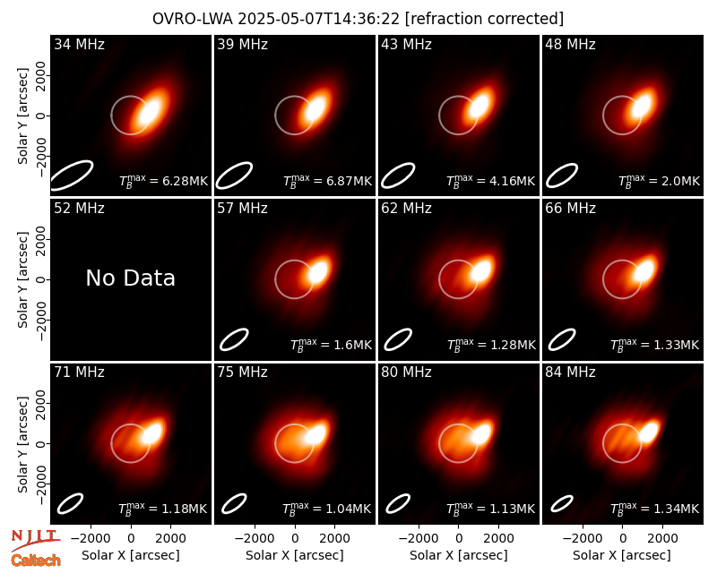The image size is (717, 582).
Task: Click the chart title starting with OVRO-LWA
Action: (x=358, y=19)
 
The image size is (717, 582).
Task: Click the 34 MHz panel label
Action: (x=79, y=44)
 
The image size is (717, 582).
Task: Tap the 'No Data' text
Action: (x=130, y=278)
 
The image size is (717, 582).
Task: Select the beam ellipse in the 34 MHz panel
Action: (x=72, y=175)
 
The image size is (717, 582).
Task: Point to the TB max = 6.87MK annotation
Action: (x=327, y=181)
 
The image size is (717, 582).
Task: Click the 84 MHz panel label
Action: (x=570, y=372)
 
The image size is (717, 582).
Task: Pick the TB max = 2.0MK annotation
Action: (x=659, y=181)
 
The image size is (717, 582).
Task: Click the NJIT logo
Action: (x=35, y=539)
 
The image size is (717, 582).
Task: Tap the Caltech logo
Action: (x=36, y=561)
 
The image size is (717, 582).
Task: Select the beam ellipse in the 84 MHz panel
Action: (x=562, y=503)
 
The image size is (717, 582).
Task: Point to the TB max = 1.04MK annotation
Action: (x=327, y=509)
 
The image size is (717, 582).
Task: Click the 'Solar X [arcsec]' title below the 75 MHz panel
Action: (x=295, y=555)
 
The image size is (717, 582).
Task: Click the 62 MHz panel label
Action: (x=406, y=209)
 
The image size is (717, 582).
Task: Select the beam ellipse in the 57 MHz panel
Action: (x=234, y=339)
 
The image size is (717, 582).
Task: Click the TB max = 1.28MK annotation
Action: (x=491, y=345)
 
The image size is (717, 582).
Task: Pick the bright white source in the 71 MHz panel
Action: (x=151, y=432)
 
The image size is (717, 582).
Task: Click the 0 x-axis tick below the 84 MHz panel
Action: (x=622, y=538)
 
